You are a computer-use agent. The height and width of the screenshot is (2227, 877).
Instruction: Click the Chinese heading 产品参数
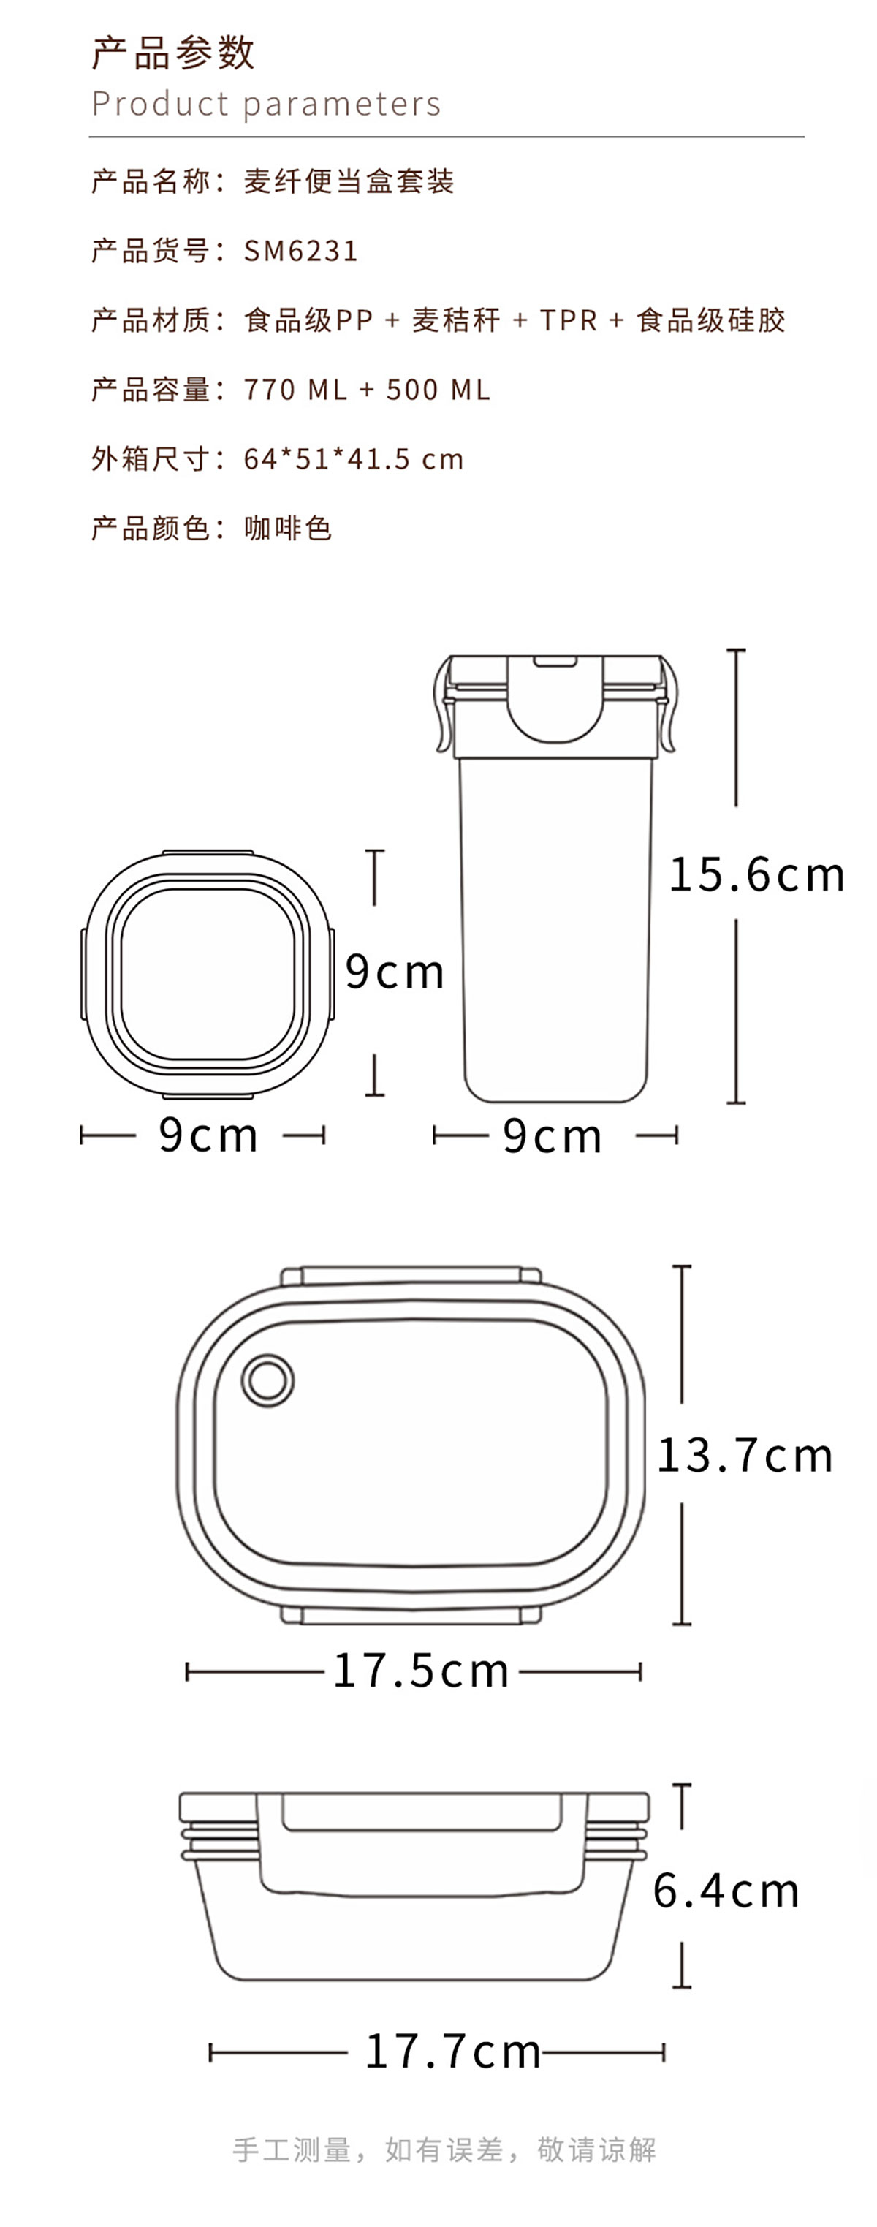[172, 53]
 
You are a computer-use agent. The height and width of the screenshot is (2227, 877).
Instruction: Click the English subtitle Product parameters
[266, 105]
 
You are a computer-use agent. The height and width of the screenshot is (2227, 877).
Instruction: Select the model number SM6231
[300, 251]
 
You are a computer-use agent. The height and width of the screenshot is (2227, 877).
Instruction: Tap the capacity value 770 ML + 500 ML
[367, 389]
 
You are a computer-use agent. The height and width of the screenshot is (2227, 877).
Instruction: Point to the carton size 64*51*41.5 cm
[354, 458]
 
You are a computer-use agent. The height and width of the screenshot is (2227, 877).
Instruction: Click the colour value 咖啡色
[288, 527]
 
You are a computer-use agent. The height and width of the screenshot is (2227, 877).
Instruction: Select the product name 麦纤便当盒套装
[349, 181]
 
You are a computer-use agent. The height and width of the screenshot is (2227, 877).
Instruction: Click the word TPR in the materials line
[569, 320]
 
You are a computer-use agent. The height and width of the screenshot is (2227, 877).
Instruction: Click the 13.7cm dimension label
[745, 1455]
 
